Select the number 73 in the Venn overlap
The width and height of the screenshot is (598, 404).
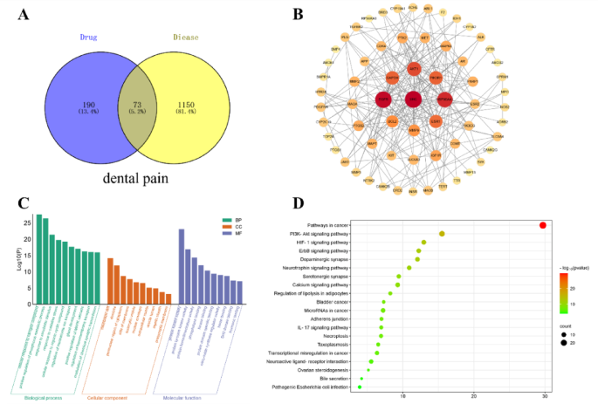(x=141, y=104)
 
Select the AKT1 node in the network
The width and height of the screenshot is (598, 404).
(x=415, y=68)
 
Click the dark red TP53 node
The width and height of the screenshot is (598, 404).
(x=383, y=100)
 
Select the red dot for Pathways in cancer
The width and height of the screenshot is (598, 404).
(x=543, y=225)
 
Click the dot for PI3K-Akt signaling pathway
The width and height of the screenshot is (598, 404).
(x=442, y=234)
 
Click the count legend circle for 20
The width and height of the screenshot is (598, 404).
(x=565, y=343)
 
